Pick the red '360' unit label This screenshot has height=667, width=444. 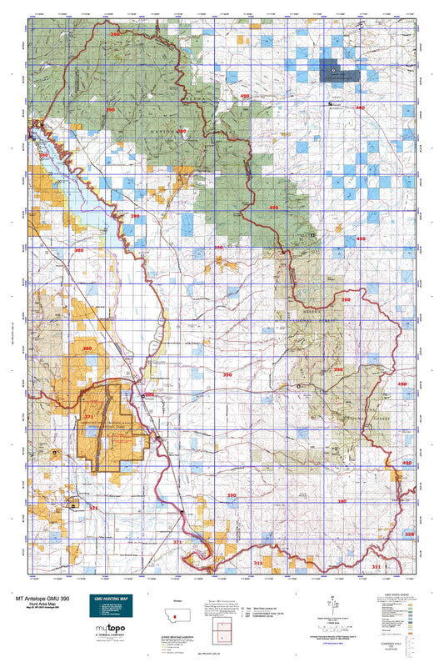coord(56,250)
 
